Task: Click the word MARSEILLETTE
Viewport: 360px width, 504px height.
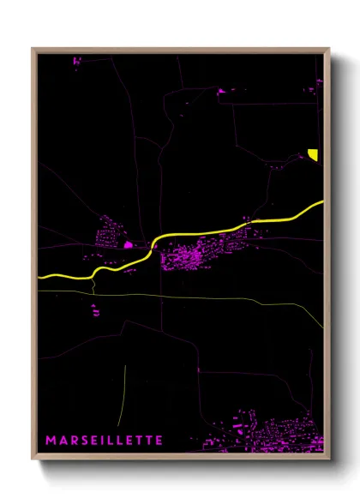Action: pos(104,441)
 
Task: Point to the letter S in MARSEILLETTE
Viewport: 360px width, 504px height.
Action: pos(84,441)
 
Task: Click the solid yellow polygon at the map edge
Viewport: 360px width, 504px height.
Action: pos(314,154)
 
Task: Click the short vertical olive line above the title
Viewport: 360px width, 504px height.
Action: pos(125,388)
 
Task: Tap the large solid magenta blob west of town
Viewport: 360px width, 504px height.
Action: pos(129,244)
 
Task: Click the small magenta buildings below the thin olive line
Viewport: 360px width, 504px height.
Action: pos(96,310)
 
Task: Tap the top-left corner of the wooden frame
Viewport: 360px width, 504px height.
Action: pos(33,49)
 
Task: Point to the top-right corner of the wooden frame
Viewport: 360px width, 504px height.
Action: pos(328,49)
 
